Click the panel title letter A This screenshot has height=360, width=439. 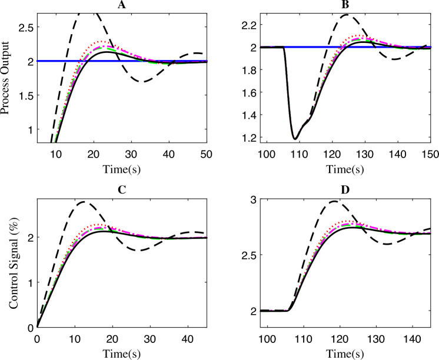[122, 5]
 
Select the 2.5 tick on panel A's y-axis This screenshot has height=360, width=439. [24, 26]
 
